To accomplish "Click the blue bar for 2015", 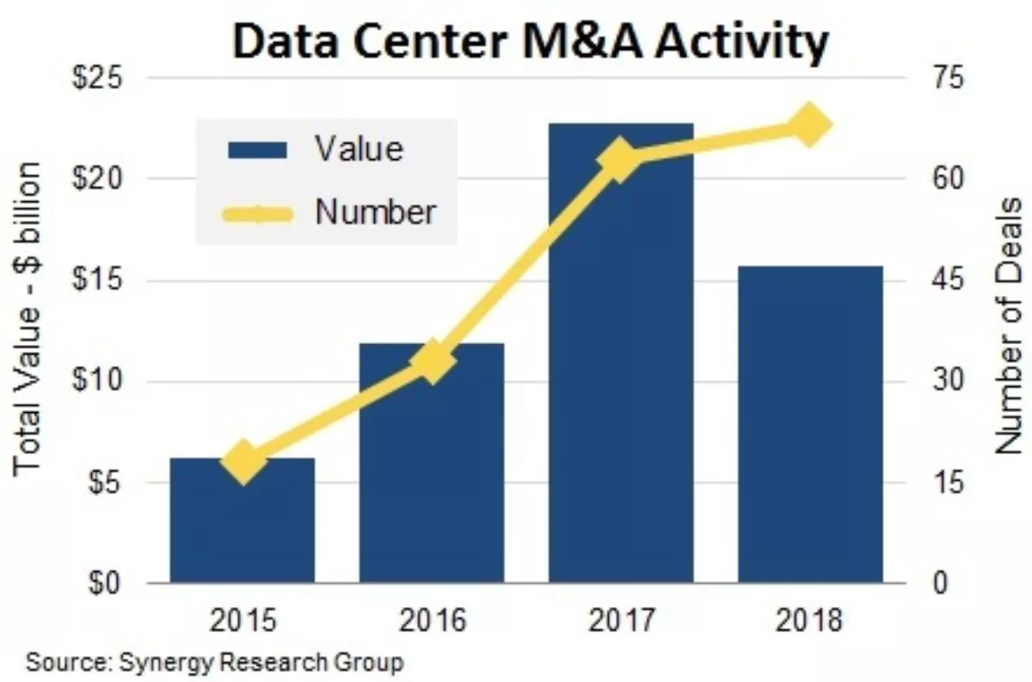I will [x=242, y=525].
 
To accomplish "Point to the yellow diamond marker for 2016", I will [x=432, y=362].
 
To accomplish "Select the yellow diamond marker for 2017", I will [x=620, y=160].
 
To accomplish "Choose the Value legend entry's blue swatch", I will [x=256, y=150].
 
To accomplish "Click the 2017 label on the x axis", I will [x=620, y=619].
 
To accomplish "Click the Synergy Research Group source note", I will [x=214, y=663].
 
